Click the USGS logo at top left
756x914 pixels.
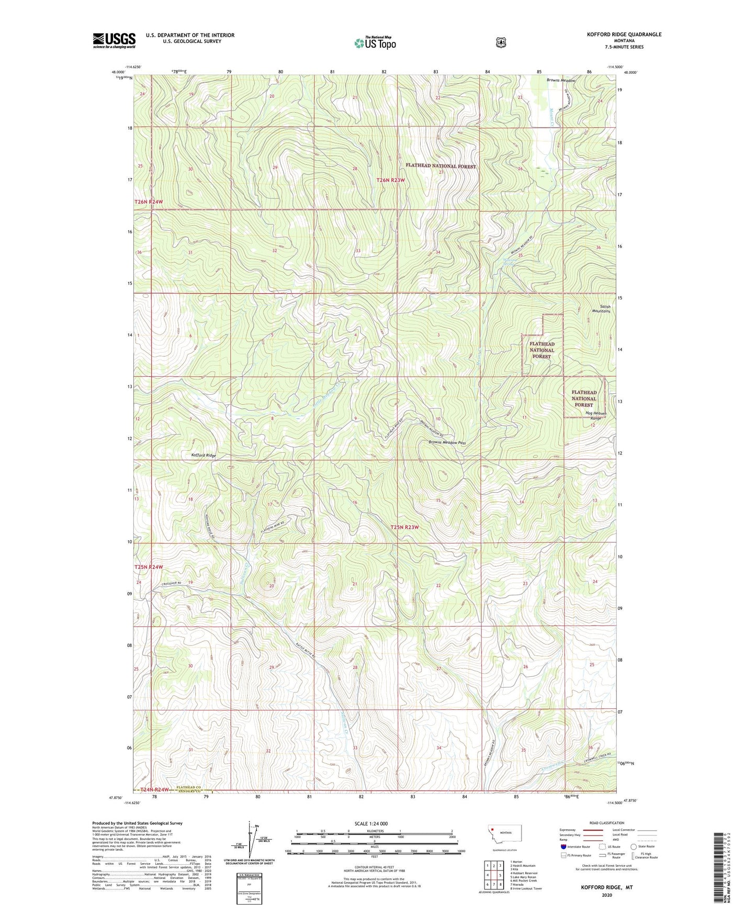click(114, 40)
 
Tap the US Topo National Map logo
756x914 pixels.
click(375, 42)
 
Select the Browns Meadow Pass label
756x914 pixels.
click(447, 442)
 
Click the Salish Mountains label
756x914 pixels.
click(601, 309)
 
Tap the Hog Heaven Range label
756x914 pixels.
click(595, 416)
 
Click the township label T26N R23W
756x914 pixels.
click(391, 180)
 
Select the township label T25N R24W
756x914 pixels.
click(149, 567)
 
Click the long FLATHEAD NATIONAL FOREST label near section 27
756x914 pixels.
click(441, 166)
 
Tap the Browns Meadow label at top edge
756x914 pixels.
click(561, 81)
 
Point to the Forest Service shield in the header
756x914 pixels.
click(501, 42)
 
